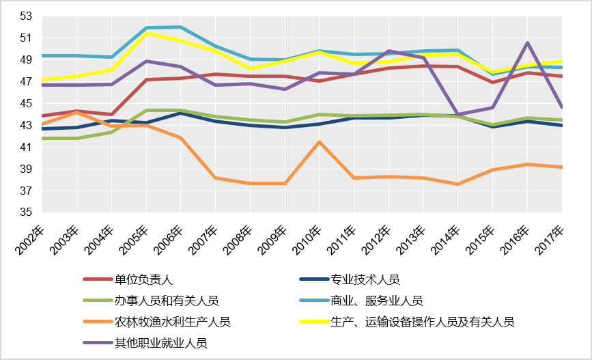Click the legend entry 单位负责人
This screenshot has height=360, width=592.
[144, 279]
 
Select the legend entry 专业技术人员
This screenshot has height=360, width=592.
[365, 279]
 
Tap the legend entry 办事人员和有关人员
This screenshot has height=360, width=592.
[167, 301]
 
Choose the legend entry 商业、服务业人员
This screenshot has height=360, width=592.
[376, 301]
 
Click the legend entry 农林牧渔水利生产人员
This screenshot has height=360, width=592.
[172, 322]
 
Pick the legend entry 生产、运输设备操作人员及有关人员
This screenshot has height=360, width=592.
[422, 322]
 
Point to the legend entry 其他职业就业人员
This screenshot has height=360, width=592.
[160, 343]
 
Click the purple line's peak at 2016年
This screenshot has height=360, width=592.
[527, 42]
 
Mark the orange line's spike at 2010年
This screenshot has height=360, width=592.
[319, 141]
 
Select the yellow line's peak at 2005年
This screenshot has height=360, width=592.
[145, 33]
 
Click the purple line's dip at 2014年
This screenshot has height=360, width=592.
[457, 114]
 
